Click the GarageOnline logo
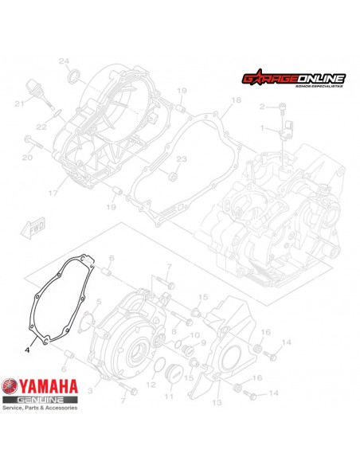point(293,80)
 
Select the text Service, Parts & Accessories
point(40,407)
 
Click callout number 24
point(65,61)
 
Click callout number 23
point(181,159)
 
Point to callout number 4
point(26,347)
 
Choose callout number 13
point(216,404)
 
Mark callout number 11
point(168,396)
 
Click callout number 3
point(90,392)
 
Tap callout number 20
point(27,158)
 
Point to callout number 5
point(99,302)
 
